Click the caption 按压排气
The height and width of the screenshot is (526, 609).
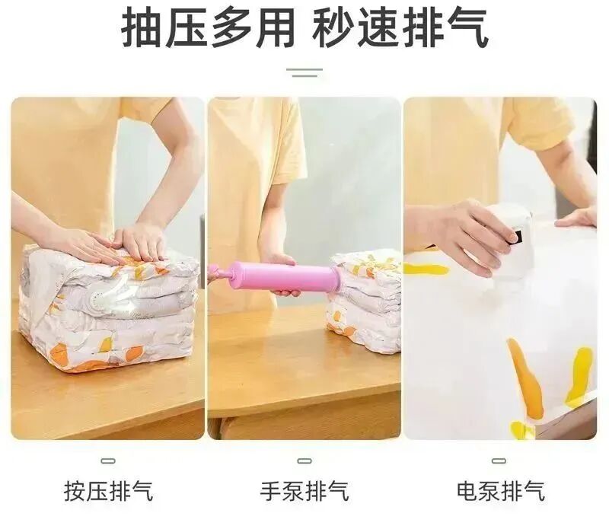(x=109, y=491)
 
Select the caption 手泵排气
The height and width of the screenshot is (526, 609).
(x=304, y=491)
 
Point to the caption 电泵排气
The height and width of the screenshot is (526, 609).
(x=501, y=491)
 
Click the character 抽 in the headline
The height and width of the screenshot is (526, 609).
(x=141, y=28)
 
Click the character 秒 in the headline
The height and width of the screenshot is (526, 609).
(x=333, y=28)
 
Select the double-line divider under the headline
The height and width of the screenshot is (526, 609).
(x=304, y=72)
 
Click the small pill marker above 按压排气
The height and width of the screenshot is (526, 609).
(x=108, y=461)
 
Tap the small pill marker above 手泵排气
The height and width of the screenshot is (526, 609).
(x=304, y=461)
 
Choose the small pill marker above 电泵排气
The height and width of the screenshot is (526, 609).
(x=499, y=461)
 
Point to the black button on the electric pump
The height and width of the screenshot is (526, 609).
(x=517, y=237)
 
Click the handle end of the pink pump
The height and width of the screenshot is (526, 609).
(x=215, y=271)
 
